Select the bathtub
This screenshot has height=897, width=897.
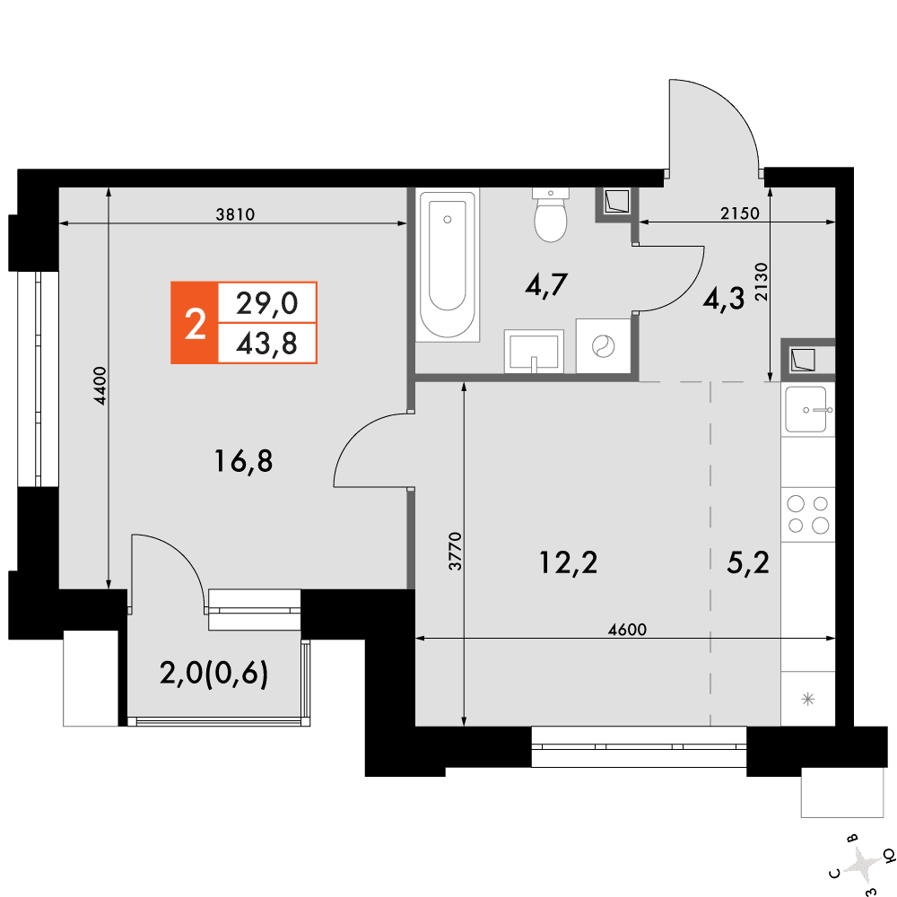(x=448, y=266)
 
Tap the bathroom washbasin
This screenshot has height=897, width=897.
(x=534, y=352)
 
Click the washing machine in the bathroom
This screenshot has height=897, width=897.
(x=603, y=346)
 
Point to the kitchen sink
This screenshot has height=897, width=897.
(x=808, y=409)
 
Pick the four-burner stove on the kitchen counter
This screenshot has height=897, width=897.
(x=808, y=514)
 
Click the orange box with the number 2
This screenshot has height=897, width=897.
(x=195, y=323)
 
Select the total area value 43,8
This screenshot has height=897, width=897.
(x=266, y=344)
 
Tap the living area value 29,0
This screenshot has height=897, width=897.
(x=266, y=302)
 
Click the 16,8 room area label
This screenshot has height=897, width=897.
(x=243, y=461)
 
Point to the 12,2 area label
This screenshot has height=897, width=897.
(x=568, y=562)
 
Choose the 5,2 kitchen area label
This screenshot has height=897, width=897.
(x=748, y=562)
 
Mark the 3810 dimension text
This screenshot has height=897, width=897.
(x=235, y=214)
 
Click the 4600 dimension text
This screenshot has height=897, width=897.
(x=627, y=630)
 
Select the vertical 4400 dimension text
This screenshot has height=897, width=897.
(x=100, y=386)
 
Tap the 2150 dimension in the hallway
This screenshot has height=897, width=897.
(x=740, y=213)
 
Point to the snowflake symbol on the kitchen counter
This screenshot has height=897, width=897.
(x=808, y=699)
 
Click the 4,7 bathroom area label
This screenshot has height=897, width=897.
(x=546, y=284)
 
